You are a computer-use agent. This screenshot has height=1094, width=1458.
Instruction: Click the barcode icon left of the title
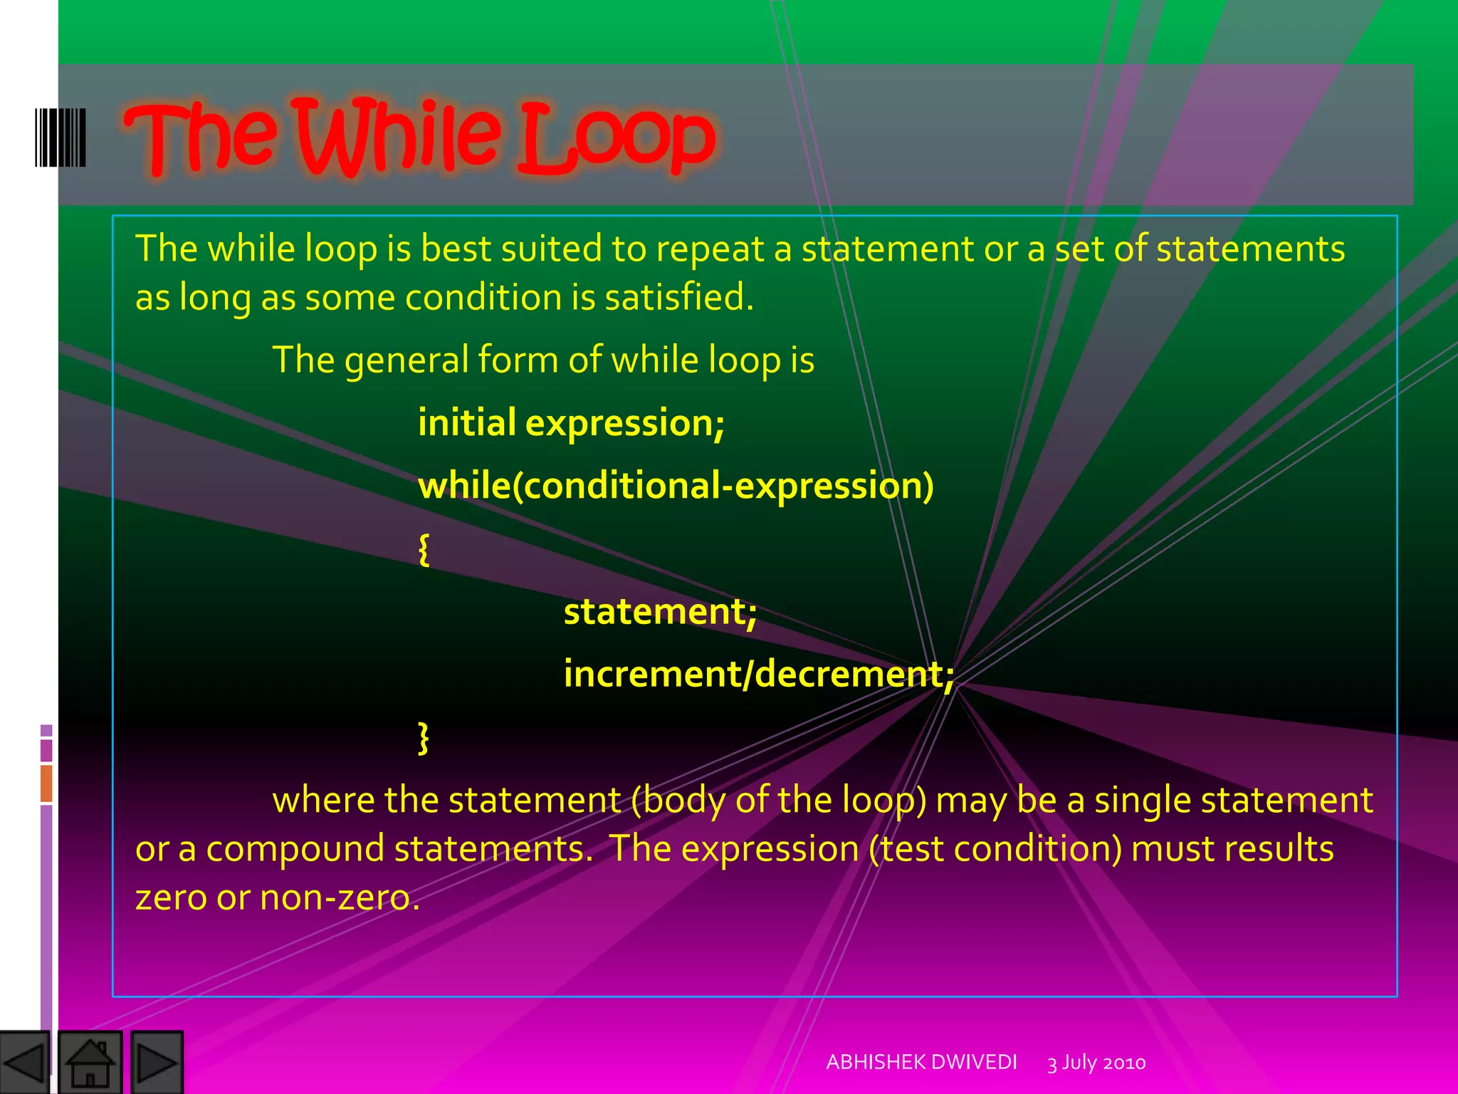(61, 137)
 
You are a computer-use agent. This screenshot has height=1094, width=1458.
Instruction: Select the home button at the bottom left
(90, 1062)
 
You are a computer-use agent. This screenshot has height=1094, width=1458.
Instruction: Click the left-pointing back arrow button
(24, 1062)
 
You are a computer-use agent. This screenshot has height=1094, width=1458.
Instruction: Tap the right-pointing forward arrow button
(157, 1062)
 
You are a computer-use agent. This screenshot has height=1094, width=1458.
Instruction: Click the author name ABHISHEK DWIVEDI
(921, 1062)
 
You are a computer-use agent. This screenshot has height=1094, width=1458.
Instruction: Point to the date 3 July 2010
(1096, 1063)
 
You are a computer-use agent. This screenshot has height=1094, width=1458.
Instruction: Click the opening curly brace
(424, 550)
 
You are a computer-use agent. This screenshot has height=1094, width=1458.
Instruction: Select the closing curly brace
(424, 738)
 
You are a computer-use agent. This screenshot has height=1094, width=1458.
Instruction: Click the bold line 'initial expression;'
(571, 423)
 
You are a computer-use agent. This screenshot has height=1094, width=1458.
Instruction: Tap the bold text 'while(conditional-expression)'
(675, 486)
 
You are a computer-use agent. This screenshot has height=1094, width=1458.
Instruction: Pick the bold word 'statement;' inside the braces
(660, 612)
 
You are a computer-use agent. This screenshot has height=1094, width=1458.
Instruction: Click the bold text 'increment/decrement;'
(758, 674)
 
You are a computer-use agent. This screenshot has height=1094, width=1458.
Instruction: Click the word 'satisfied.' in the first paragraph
(679, 297)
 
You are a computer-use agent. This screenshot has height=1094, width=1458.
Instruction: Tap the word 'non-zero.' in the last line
(340, 897)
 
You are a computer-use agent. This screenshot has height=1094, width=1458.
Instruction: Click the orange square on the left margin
(46, 783)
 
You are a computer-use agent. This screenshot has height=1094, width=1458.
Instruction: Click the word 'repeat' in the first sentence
(709, 249)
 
